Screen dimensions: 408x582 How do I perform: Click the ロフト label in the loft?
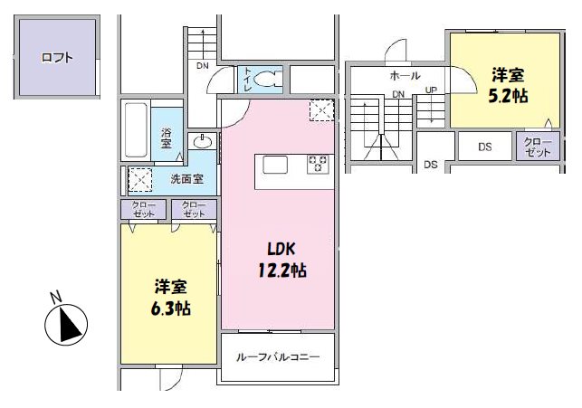point(56,57)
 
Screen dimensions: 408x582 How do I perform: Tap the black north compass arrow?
point(66,324)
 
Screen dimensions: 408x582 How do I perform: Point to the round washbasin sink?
point(201,142)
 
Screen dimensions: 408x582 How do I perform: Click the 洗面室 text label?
point(186,179)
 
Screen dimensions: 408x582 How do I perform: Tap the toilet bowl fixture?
point(267,80)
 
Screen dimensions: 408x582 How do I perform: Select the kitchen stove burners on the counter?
point(318,164)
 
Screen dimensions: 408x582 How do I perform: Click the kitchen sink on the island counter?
point(275,165)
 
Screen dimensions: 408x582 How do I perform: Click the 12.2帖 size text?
point(281,270)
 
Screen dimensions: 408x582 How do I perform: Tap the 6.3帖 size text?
point(171,308)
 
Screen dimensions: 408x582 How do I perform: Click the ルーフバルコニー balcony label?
point(278,357)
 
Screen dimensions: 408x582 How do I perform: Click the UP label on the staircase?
point(432,90)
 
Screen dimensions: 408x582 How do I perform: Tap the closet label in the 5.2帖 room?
point(539,147)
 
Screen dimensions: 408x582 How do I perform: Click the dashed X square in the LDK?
point(321,110)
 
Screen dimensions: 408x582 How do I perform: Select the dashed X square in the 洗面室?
point(139,179)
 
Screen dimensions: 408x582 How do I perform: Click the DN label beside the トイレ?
point(203,66)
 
